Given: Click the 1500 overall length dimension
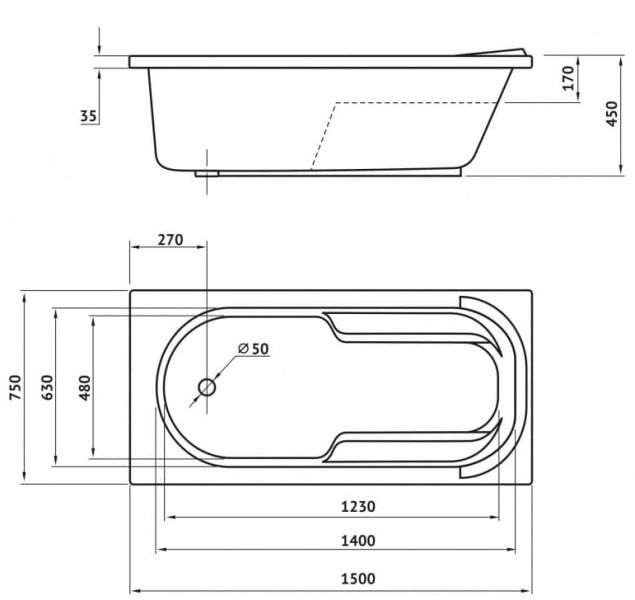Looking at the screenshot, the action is tap(358, 579).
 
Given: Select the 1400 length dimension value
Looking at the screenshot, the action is tap(358, 540).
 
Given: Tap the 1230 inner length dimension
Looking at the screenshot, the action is tap(358, 506).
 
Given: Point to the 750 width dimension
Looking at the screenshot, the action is tap(15, 387).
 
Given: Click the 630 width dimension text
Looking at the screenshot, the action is tap(47, 387).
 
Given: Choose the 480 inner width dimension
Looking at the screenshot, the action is tap(85, 387).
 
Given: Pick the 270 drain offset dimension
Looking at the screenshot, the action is tap(170, 240).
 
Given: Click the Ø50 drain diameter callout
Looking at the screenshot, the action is tap(254, 349).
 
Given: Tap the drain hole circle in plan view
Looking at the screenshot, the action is tap(207, 387).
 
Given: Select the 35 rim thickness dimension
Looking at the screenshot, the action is tap(89, 116).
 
